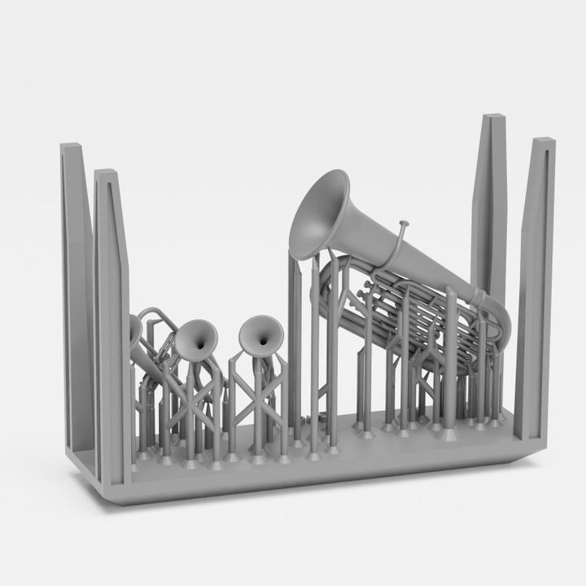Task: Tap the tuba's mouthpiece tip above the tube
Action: [401, 223]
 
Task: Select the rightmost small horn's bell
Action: [262, 335]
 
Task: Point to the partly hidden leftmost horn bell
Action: [134, 330]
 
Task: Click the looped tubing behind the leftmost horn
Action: [155, 326]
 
